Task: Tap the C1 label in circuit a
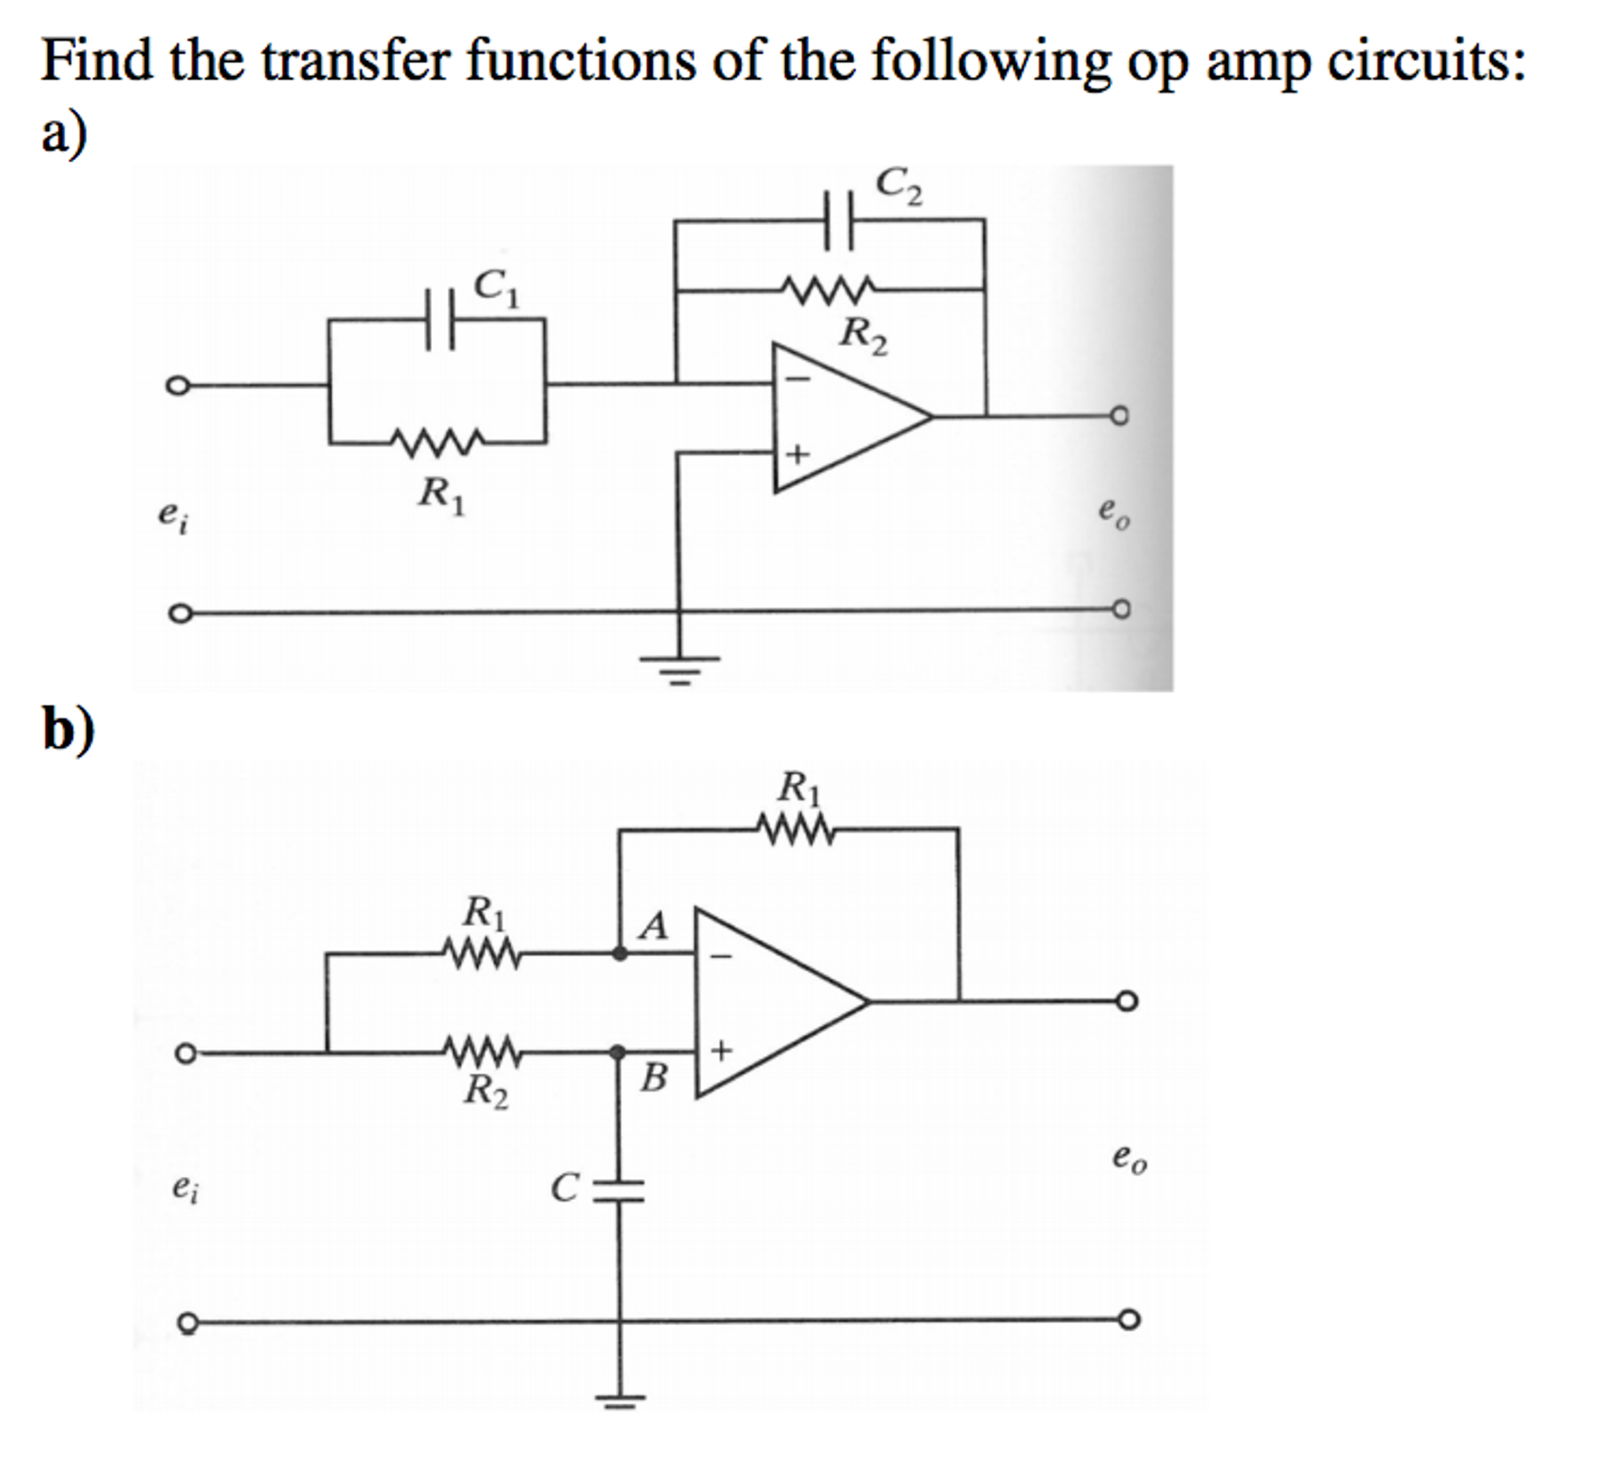[496, 288]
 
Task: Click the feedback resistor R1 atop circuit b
[795, 829]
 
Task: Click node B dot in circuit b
[617, 1052]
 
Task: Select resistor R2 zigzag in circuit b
[482, 1051]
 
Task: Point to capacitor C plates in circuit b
[619, 1190]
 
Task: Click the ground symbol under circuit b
[620, 1400]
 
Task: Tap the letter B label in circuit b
[654, 1078]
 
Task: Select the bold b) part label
[68, 728]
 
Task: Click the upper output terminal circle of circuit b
[1127, 1001]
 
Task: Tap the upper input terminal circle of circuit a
[177, 385]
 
